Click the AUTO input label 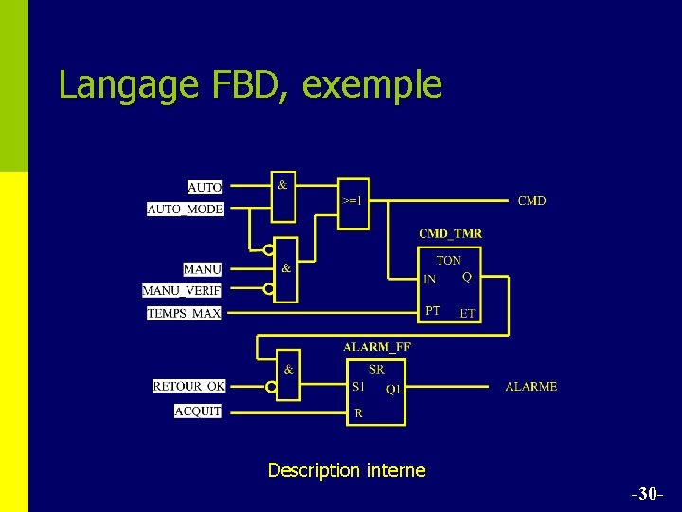[205, 188]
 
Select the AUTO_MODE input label [186, 209]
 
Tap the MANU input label [203, 270]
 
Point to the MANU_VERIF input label [182, 291]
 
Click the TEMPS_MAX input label [184, 313]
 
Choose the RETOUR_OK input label [189, 386]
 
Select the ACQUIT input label [198, 411]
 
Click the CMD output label [531, 201]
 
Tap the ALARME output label [531, 387]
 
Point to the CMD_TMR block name [450, 233]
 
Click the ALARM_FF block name [376, 346]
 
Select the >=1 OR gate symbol [351, 200]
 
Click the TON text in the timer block [449, 260]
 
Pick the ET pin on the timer [467, 313]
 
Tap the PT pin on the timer [432, 310]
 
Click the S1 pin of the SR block [358, 387]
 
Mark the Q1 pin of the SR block [393, 389]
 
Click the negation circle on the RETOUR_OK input [271, 387]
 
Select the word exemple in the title [372, 84]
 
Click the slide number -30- [647, 494]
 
